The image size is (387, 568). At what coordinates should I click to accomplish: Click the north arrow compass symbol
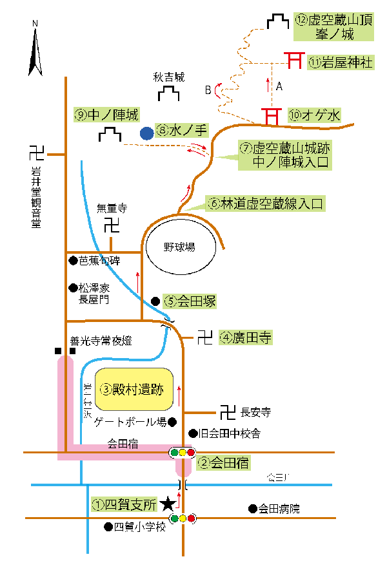click(35, 48)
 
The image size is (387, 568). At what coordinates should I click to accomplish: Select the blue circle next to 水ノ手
click(147, 133)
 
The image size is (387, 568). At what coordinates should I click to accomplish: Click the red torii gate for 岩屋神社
click(295, 61)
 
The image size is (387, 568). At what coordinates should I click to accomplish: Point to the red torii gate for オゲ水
click(271, 117)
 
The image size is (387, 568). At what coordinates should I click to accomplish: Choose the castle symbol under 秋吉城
click(169, 94)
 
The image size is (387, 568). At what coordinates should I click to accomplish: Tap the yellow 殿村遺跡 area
click(134, 390)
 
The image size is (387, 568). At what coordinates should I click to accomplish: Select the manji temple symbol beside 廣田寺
click(205, 337)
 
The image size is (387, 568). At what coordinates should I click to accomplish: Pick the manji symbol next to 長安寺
click(228, 411)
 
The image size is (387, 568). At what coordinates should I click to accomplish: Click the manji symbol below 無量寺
click(112, 225)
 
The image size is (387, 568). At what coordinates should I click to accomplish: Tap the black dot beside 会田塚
click(155, 301)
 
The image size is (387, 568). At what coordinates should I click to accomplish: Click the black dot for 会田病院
click(252, 509)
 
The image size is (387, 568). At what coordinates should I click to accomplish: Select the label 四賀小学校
click(140, 527)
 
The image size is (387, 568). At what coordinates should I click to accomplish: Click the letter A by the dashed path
click(279, 86)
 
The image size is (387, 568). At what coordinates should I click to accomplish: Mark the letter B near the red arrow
click(208, 90)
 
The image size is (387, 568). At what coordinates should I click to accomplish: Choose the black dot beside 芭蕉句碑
click(73, 261)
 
